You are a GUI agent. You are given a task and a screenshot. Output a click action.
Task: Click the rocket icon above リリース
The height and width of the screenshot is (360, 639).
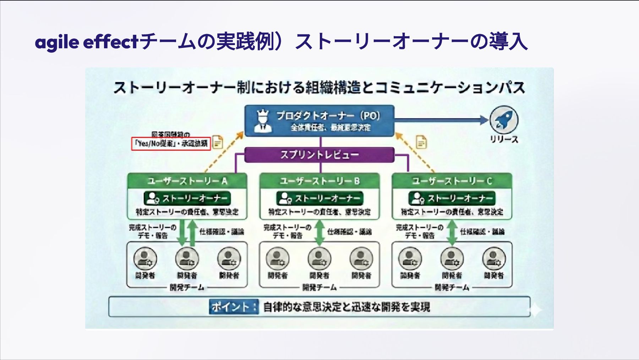click(504, 120)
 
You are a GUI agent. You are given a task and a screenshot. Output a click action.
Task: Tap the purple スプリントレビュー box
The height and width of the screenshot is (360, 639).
click(319, 155)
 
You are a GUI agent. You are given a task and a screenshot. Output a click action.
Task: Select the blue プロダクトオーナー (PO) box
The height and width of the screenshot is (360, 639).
click(319, 121)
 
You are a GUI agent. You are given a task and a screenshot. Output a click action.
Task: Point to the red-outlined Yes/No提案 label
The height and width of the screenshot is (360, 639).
click(171, 143)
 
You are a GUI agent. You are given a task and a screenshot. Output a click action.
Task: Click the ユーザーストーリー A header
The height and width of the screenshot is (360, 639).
click(187, 181)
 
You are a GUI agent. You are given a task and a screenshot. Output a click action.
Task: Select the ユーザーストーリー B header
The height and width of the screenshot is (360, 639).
click(319, 181)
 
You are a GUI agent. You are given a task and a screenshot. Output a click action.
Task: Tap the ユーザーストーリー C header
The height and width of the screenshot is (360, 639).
click(452, 181)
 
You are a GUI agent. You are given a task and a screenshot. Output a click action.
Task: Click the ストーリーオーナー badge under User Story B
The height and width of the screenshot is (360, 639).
click(319, 198)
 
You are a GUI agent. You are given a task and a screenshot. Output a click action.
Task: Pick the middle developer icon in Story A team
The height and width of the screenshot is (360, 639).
click(187, 259)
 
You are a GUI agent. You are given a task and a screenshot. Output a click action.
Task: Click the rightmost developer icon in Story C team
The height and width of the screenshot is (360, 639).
click(494, 259)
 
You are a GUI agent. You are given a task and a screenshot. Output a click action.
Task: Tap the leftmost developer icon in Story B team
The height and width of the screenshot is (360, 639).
click(278, 259)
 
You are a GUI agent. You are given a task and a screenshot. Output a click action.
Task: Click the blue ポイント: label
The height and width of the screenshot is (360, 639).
click(234, 307)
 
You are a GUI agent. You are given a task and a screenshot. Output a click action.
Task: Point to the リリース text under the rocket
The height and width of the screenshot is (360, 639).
click(504, 139)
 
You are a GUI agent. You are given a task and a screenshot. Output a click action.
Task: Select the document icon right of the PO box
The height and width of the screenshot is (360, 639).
click(421, 142)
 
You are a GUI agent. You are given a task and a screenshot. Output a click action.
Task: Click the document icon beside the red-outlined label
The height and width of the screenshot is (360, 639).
click(217, 143)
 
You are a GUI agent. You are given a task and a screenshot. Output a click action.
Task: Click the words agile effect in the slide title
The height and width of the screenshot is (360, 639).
click(86, 42)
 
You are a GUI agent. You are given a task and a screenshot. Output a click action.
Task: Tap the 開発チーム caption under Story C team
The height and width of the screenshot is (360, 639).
click(452, 287)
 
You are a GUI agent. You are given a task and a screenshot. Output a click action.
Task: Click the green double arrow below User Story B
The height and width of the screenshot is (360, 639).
click(319, 233)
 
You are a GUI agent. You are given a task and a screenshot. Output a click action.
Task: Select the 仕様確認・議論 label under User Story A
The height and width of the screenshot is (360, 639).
click(222, 232)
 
